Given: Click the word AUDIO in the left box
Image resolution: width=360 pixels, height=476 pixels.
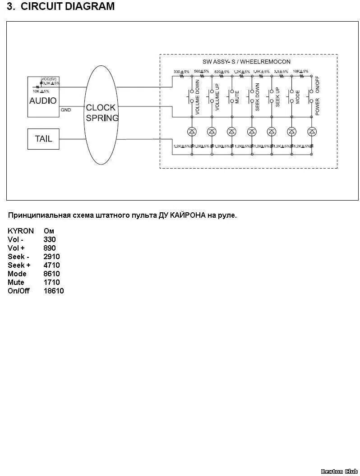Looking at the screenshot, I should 43,101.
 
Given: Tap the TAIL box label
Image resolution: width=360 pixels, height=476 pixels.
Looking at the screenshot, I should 43,139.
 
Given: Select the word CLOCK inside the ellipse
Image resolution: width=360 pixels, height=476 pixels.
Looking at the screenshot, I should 101,108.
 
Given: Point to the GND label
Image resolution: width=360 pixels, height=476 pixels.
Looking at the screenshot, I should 65,110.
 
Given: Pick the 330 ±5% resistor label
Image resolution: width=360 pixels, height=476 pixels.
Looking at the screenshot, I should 181,72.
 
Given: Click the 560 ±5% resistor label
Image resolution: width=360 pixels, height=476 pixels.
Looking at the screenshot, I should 201,72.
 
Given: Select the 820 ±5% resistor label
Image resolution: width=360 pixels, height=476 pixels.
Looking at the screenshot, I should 222,72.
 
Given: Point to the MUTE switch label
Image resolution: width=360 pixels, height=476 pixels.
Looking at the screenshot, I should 237,97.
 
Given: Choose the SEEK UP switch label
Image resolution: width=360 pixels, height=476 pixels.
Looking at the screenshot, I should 277,97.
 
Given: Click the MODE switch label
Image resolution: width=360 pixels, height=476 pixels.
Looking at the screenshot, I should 297,97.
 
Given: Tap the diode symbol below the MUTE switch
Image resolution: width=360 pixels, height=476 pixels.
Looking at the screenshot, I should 231,132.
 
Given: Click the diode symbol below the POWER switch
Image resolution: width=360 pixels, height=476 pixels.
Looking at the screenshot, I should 311,132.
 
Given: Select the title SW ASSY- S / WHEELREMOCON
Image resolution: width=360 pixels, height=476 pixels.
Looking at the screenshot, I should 246,61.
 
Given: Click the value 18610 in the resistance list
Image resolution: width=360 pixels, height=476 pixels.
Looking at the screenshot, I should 54,291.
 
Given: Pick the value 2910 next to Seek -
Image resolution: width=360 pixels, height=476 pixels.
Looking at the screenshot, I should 51,257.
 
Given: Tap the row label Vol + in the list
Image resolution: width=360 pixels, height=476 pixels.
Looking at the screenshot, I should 16,248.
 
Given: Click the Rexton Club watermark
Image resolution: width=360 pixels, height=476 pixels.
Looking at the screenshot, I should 339,471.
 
